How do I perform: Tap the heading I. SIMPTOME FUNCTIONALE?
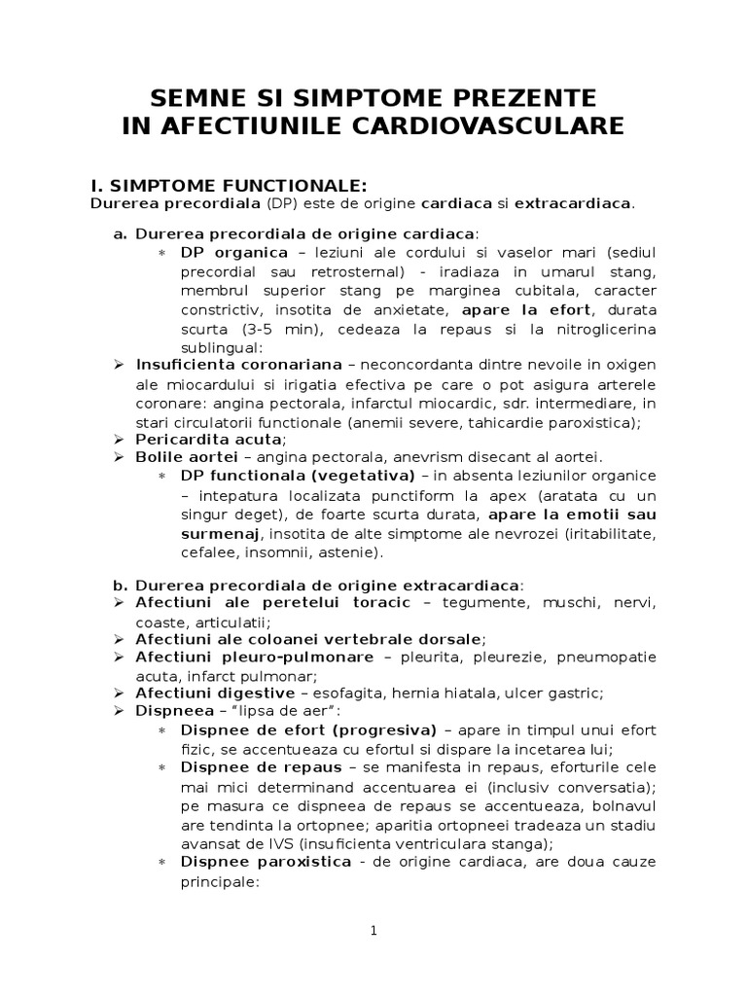point(228,185)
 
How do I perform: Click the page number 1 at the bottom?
point(373,930)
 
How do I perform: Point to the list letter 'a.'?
point(121,234)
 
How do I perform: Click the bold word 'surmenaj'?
point(220,534)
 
